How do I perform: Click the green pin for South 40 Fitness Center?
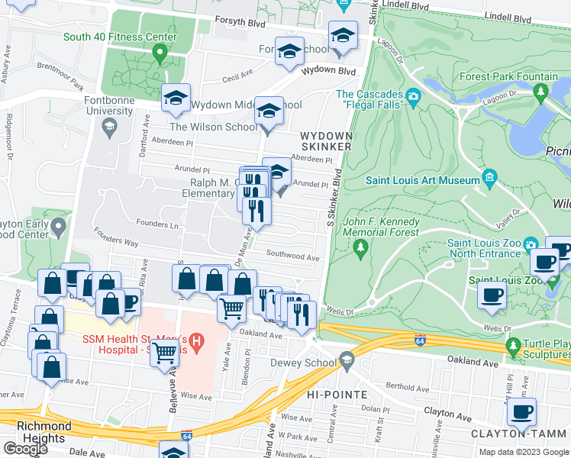pos(160,53)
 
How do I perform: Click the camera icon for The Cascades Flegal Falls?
pos(414,95)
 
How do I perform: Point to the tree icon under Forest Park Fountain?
pos(541,92)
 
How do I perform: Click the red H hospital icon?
pos(197,343)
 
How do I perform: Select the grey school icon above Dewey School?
pos(347,360)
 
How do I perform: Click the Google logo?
pos(25,449)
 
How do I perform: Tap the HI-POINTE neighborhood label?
pos(337,394)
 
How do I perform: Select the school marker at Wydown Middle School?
pos(176,98)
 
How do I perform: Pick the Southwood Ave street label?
pos(292,256)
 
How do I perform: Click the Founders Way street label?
pos(116,242)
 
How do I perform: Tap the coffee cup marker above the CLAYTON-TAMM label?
pos(521,413)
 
